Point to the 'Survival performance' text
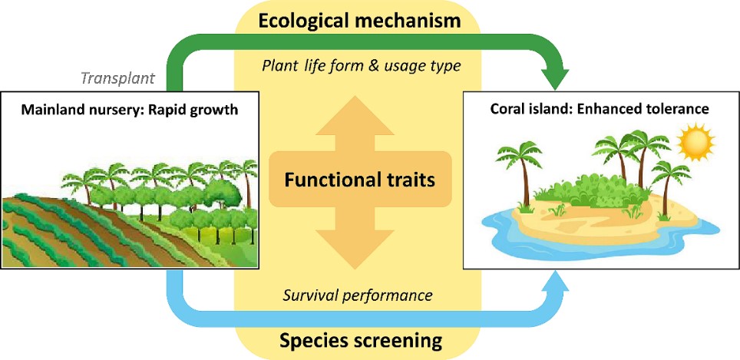[358, 295]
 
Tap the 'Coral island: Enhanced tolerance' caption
[600, 109]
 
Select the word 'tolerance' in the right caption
[678, 109]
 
